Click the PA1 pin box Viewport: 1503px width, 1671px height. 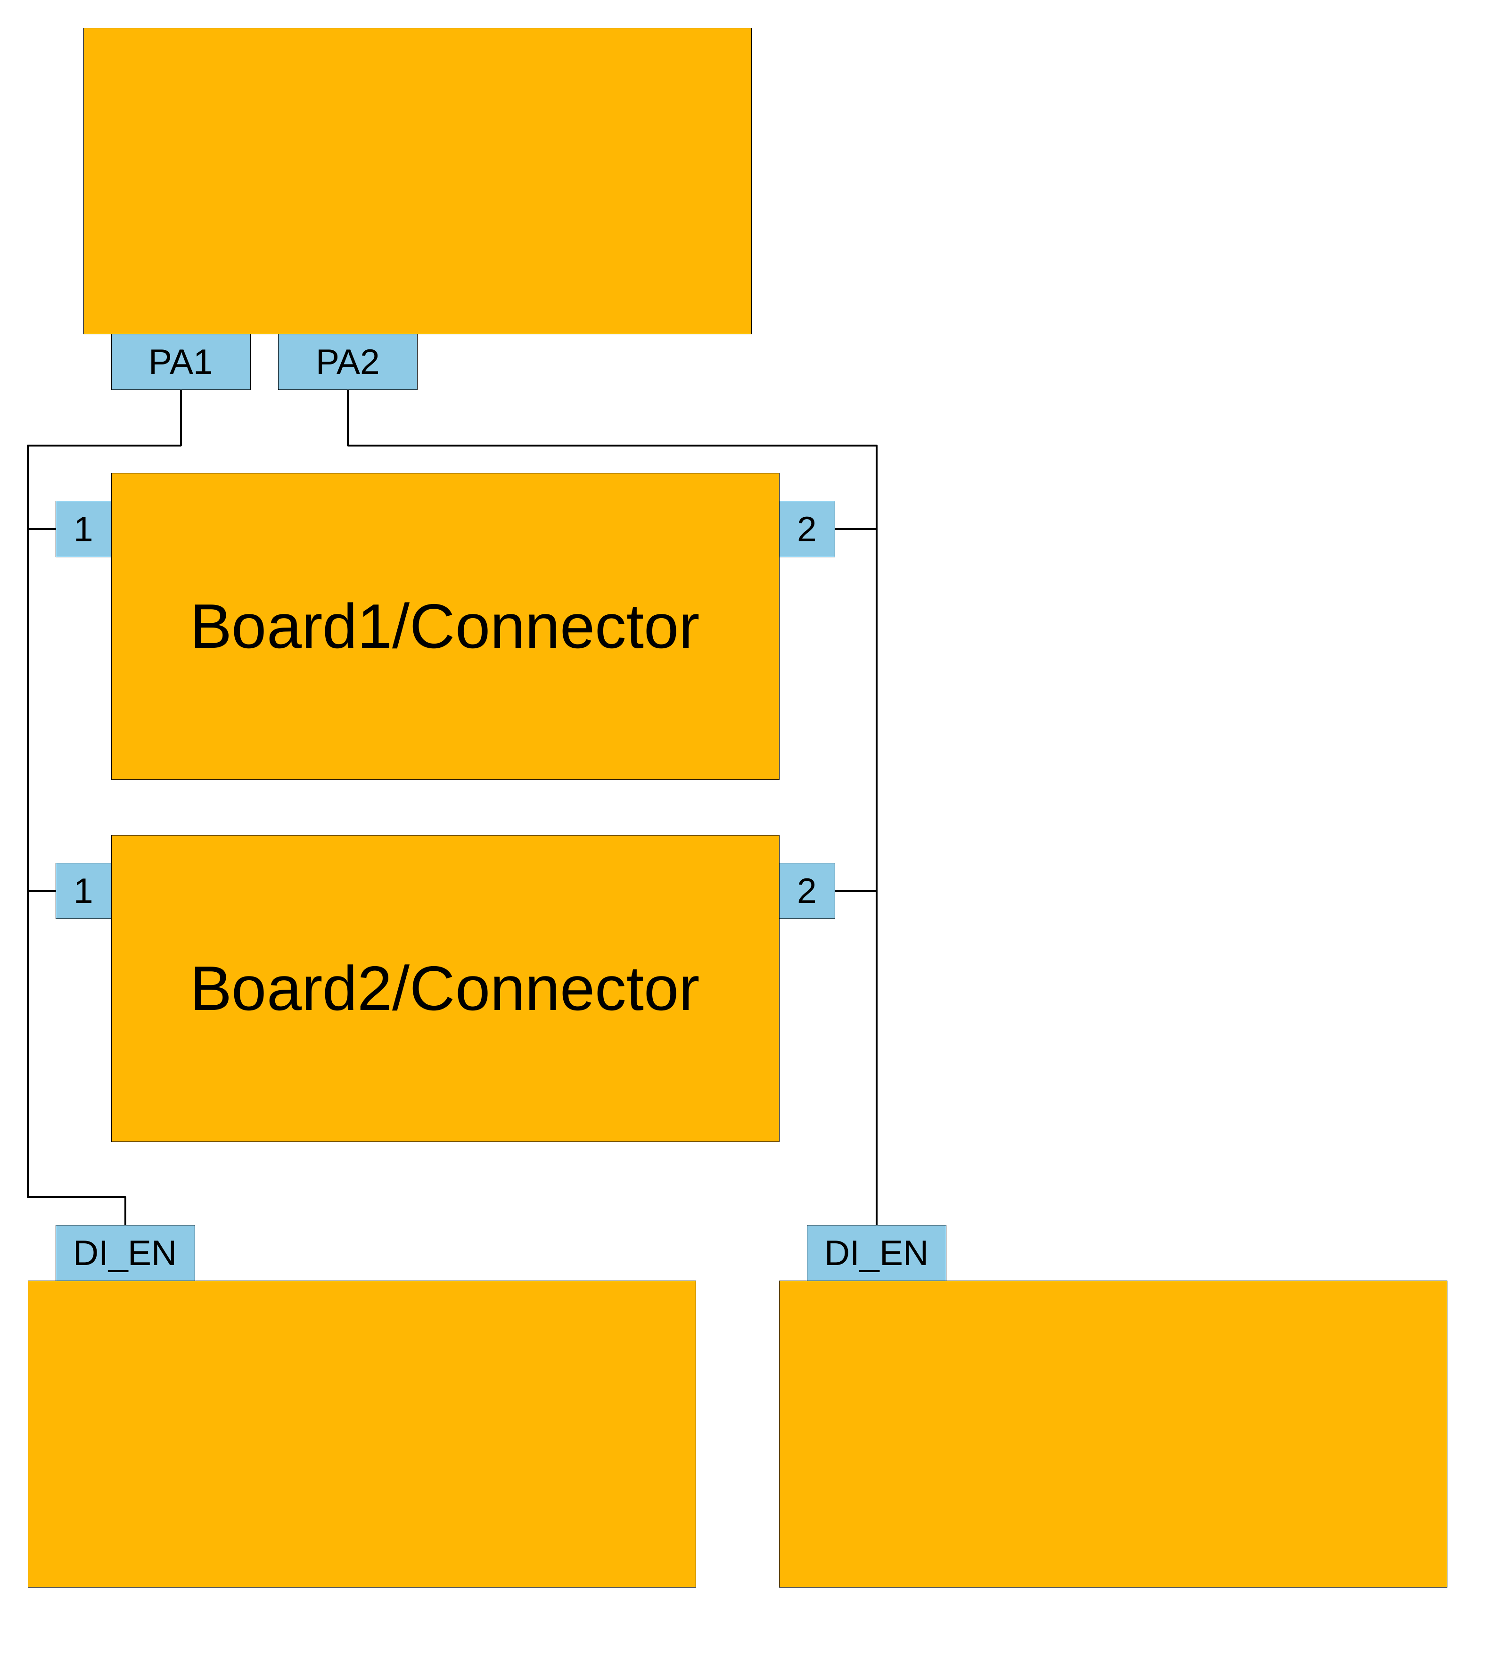pyautogui.click(x=181, y=362)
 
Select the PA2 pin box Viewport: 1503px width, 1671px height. pyautogui.click(x=348, y=362)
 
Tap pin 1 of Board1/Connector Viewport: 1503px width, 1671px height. pyautogui.click(x=83, y=529)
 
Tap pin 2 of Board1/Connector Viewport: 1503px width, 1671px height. pyautogui.click(x=807, y=529)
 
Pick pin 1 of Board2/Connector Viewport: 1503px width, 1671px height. pyautogui.click(x=83, y=890)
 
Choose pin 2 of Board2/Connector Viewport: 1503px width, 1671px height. pyautogui.click(x=807, y=890)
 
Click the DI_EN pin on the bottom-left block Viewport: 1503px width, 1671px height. pyautogui.click(x=125, y=1253)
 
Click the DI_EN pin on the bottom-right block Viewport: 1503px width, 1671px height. pyautogui.click(x=876, y=1253)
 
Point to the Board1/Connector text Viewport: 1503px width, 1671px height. pyautogui.click(x=445, y=627)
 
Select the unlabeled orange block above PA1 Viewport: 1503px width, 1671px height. pyautogui.click(x=417, y=181)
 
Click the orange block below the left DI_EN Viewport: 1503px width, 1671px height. pyautogui.click(x=361, y=1433)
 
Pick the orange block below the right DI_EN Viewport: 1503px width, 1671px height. pyautogui.click(x=1112, y=1433)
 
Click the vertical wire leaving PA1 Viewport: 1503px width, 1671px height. pyautogui.click(x=181, y=417)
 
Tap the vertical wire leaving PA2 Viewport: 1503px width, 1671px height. pyautogui.click(x=348, y=417)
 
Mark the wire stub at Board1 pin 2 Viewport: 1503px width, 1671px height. pyautogui.click(x=855, y=529)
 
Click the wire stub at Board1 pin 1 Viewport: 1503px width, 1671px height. pyautogui.click(x=42, y=529)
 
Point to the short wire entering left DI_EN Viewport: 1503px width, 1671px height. pyautogui.click(x=125, y=1211)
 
